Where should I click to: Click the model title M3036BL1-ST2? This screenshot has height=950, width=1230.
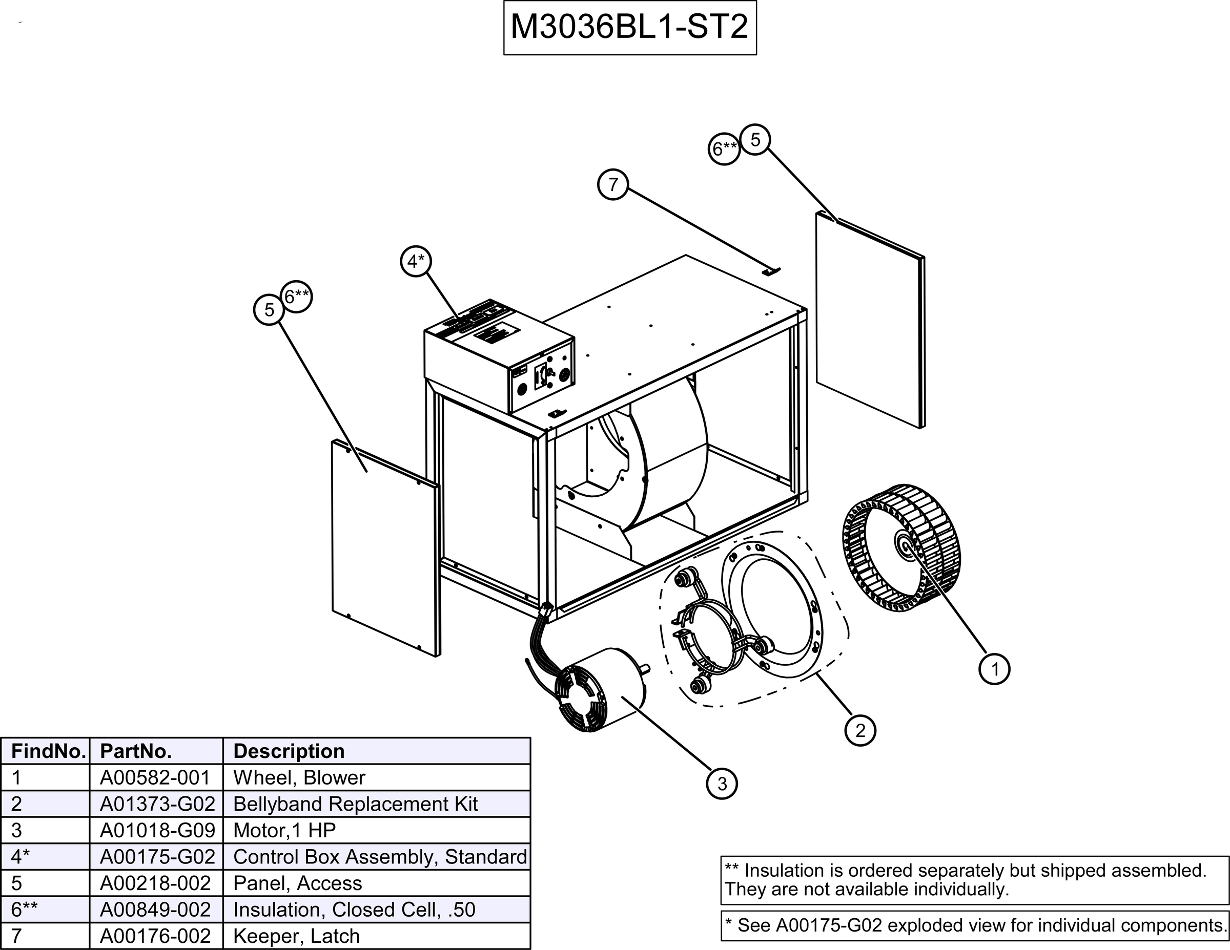tap(629, 27)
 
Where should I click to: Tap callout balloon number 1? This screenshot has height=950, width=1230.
tap(995, 669)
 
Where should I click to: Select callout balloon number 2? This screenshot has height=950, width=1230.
tap(860, 730)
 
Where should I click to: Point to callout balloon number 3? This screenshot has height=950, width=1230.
tap(722, 784)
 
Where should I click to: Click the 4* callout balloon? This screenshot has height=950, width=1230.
tap(416, 261)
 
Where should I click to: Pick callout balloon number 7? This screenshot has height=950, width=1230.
tap(613, 184)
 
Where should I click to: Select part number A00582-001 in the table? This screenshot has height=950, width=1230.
tap(155, 778)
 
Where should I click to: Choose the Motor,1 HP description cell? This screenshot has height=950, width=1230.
tap(284, 831)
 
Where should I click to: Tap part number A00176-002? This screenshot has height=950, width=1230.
tap(155, 936)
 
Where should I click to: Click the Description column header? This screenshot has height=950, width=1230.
tap(289, 751)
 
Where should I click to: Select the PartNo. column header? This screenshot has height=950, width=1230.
tap(135, 751)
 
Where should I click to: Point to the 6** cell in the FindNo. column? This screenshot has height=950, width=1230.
tap(25, 910)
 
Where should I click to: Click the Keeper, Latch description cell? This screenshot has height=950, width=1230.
tap(296, 936)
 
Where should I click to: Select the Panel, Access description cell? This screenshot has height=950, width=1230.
tap(297, 883)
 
